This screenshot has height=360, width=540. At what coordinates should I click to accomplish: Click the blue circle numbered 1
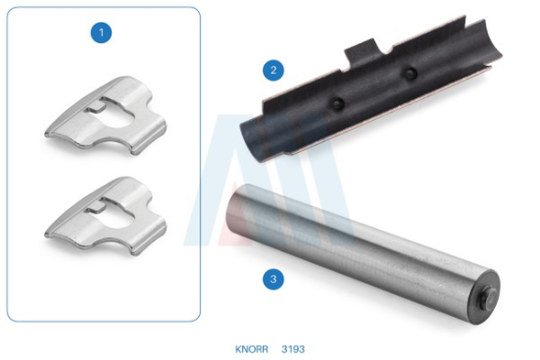(101, 33)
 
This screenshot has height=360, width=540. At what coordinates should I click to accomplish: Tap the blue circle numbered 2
(273, 71)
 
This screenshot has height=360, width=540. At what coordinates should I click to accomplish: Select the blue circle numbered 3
(273, 278)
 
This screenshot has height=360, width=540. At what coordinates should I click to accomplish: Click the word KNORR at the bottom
(251, 349)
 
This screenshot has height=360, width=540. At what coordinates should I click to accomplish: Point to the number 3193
(293, 349)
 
